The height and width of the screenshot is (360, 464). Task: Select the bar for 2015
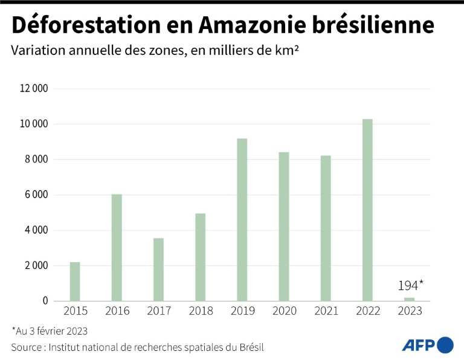[75, 281]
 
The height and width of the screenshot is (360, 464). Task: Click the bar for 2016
[117, 248]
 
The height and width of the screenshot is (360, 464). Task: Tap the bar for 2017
[158, 269]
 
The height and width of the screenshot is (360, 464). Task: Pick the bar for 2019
[242, 220]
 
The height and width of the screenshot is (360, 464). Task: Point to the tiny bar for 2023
[409, 299]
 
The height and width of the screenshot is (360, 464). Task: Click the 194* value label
[410, 286]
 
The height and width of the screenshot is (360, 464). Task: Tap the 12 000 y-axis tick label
[34, 89]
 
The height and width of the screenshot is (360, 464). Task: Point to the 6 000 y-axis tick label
[37, 195]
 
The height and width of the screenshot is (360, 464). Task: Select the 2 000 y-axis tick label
[37, 266]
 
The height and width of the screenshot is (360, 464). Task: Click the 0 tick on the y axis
[45, 301]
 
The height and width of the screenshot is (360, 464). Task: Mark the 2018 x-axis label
[201, 311]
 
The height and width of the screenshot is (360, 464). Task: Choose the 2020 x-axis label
[284, 311]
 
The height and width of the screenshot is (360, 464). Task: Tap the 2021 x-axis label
[326, 311]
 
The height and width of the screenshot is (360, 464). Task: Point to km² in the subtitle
[289, 51]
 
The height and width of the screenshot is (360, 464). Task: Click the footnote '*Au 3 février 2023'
[50, 330]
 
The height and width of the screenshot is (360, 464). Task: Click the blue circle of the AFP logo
[445, 345]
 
